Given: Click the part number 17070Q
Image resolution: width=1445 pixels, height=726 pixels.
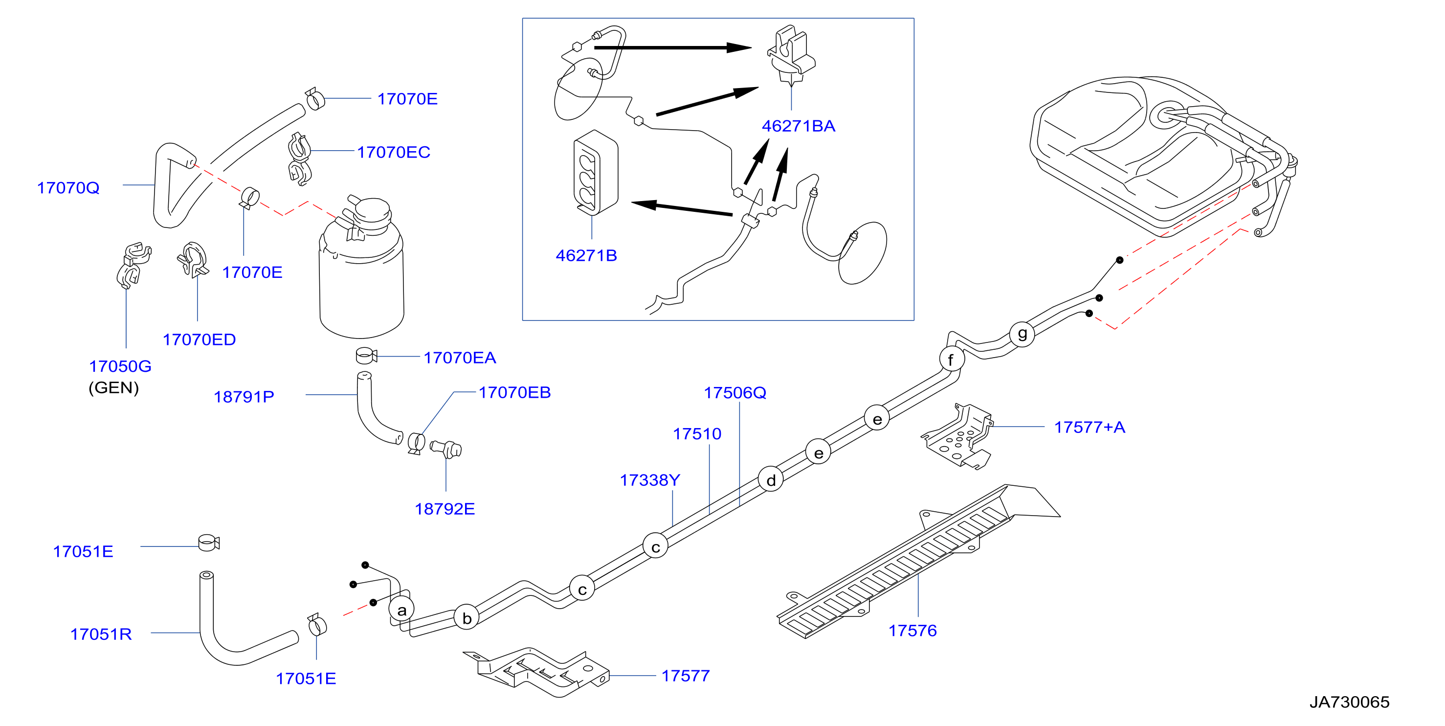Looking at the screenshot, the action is (x=68, y=187).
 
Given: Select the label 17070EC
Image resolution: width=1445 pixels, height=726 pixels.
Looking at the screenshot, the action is (x=393, y=152).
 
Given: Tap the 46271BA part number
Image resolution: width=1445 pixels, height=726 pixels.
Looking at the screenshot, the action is (x=798, y=126).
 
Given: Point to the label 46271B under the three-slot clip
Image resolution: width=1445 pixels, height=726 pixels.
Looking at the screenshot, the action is (x=586, y=255).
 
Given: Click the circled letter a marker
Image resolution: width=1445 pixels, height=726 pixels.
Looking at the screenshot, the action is (x=401, y=610).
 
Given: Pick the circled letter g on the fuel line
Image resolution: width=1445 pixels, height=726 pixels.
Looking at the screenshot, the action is (x=1022, y=334).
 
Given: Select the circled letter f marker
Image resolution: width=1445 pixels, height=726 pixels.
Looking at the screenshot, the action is (x=952, y=359).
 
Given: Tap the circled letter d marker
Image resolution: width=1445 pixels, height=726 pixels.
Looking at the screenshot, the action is (x=771, y=480).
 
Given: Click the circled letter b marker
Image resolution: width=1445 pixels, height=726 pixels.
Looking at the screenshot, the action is (x=467, y=618).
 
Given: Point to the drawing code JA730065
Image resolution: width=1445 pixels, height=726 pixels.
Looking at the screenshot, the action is (x=1349, y=702).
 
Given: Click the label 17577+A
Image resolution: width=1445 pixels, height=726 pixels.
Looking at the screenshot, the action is (x=1089, y=427).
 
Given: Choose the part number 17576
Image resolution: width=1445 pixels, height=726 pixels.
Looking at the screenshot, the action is (x=912, y=630).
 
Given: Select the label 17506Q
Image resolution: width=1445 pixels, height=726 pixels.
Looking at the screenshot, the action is (x=735, y=392).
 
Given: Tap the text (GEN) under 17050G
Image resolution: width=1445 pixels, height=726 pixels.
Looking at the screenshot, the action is (x=113, y=387).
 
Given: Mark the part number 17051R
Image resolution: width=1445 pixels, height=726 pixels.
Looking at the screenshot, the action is (x=101, y=634).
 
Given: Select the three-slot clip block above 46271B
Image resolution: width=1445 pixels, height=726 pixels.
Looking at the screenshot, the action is (x=595, y=173).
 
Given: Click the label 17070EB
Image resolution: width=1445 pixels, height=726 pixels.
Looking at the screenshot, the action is (x=514, y=392).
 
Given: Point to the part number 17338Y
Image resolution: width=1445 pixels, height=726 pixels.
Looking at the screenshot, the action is (x=649, y=480).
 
